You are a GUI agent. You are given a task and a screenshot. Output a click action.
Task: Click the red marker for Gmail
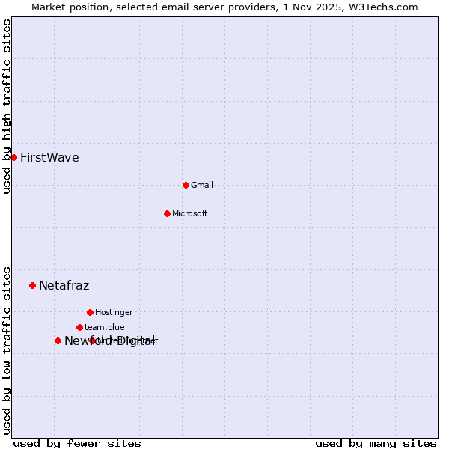coord(186,185)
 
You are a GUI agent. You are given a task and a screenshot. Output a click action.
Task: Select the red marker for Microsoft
coord(167,213)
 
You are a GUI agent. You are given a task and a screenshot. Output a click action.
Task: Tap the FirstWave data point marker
coord(13,157)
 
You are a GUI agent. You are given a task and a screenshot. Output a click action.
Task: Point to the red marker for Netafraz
coord(32,285)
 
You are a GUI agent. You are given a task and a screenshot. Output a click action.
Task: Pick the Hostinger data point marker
coord(90,312)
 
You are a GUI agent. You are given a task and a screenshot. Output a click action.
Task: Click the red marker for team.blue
coord(79,327)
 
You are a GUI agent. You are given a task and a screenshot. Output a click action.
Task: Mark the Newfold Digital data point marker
coord(58,340)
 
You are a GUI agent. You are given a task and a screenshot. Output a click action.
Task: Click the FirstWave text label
coord(49,157)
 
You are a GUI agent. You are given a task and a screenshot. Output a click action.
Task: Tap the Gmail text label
coord(202,185)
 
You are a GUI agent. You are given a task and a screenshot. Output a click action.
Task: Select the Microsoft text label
coord(190,213)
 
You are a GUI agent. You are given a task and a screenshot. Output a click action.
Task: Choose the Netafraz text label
coord(64,285)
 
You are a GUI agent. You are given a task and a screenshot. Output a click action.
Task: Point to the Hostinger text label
coord(114,312)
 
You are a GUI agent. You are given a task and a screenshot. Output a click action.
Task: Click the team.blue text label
coord(105,327)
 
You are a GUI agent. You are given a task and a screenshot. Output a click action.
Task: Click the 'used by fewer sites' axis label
coord(77,443)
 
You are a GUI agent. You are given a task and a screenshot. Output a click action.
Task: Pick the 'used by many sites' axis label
coord(376,443)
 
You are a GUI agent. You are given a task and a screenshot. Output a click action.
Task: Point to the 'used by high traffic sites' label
coord(7,107)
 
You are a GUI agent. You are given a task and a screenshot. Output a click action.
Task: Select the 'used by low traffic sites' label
coord(7,349)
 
